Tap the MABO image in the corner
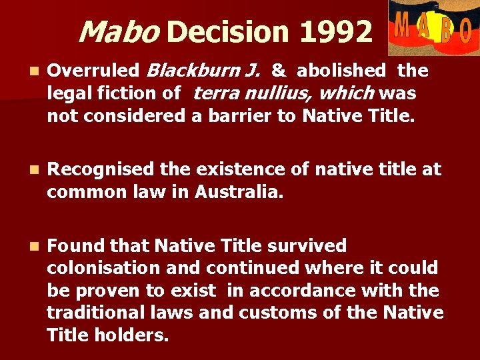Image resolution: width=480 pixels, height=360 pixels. pos(433,27)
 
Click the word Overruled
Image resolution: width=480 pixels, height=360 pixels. pos(93,71)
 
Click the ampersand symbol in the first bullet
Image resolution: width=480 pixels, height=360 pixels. pos(279,71)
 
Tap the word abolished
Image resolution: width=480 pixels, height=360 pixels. pos(341,71)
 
